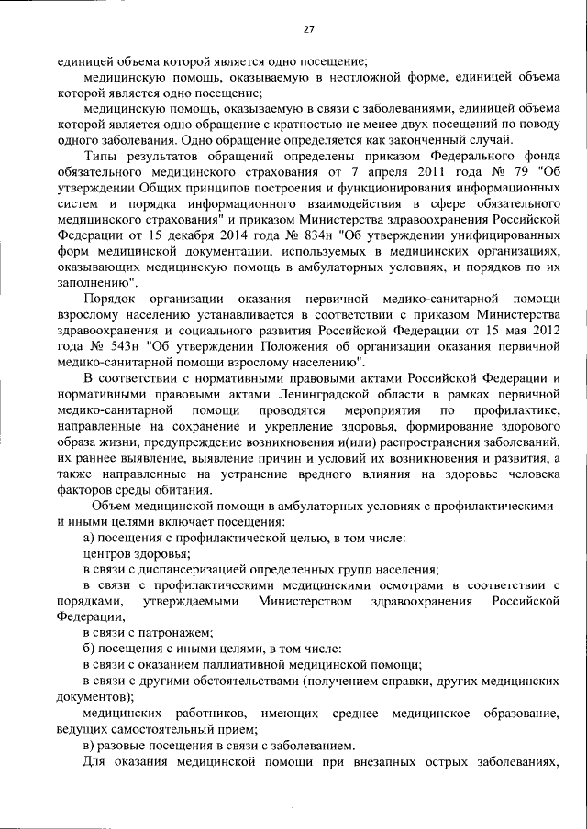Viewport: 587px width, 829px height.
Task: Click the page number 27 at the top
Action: pyautogui.click(x=309, y=29)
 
